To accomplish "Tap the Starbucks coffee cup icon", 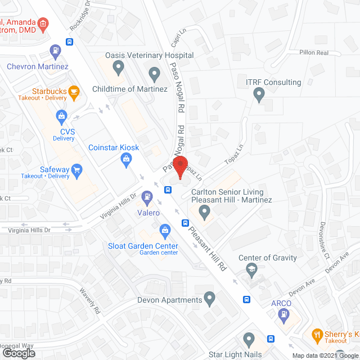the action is (x=73, y=92).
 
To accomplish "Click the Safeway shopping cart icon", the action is (x=77, y=169).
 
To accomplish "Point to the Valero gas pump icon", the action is (x=147, y=197).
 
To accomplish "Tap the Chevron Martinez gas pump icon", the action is (x=55, y=52).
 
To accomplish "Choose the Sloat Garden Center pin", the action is (x=165, y=229).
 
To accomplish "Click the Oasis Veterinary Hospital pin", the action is (x=119, y=69).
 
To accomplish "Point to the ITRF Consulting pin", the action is (x=259, y=96).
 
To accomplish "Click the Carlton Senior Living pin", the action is (x=205, y=213).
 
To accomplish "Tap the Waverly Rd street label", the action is (x=89, y=301).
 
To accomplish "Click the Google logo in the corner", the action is (x=18, y=353).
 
